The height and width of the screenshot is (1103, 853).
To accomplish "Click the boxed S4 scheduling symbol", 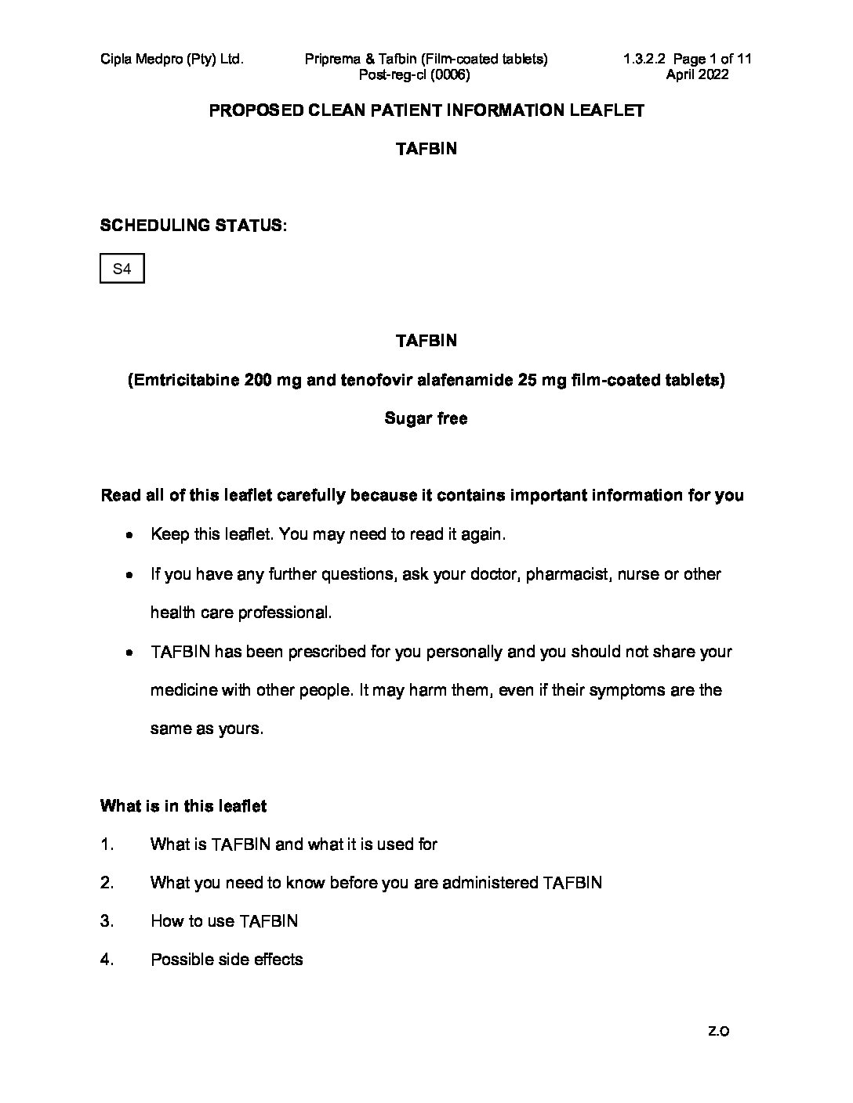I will click(122, 269).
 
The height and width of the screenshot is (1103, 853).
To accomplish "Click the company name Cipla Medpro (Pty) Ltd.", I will click(172, 59).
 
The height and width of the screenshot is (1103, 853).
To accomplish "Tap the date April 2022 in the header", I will click(697, 75).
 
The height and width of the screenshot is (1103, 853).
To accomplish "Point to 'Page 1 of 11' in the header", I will click(712, 59).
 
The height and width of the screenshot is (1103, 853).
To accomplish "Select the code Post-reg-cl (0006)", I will click(414, 75).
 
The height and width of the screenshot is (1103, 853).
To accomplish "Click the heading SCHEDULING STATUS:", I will click(193, 226).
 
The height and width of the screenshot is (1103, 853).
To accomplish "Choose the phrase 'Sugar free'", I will click(426, 418).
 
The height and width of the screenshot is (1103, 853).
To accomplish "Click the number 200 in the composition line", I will click(258, 380).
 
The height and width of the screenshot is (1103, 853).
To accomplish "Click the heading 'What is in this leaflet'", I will click(183, 805).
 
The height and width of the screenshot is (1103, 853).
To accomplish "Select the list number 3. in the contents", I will click(107, 921).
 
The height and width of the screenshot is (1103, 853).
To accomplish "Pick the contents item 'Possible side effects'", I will click(227, 960).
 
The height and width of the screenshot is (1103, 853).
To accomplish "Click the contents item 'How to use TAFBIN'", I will click(224, 921).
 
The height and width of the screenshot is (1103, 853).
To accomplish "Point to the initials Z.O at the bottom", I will click(718, 1032).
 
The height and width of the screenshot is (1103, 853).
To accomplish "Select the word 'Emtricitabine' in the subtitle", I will click(185, 380).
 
